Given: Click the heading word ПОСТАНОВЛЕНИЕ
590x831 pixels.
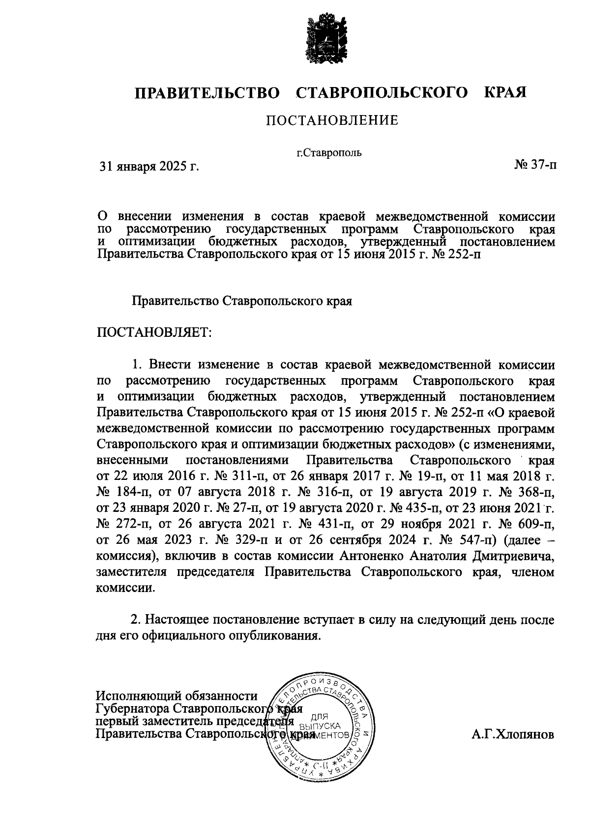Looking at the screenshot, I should click(x=332, y=121).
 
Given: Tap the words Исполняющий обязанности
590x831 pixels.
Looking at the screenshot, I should click(x=177, y=696).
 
